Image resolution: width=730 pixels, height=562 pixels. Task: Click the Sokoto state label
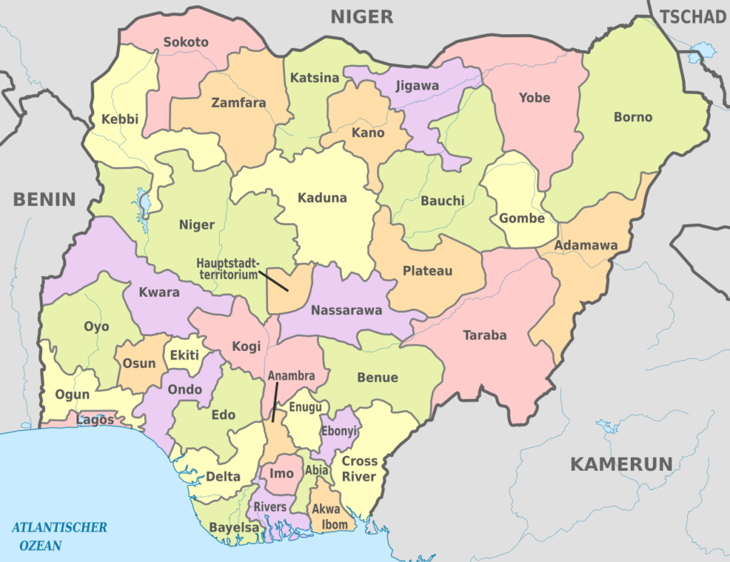(x=186, y=42)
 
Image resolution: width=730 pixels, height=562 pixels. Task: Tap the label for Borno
(x=633, y=117)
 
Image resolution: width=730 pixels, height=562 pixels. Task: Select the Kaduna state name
(x=322, y=198)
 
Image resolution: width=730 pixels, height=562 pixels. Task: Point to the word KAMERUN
(x=621, y=464)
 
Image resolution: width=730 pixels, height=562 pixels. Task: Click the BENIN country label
(x=44, y=199)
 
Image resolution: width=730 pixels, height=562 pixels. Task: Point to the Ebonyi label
(x=339, y=432)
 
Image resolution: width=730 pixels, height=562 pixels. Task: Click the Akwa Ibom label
(x=330, y=518)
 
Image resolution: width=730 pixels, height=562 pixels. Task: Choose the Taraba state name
(x=485, y=334)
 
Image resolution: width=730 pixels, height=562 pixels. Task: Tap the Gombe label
(x=522, y=218)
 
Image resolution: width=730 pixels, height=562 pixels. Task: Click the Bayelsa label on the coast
(x=234, y=528)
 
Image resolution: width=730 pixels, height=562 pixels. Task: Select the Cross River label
(x=359, y=469)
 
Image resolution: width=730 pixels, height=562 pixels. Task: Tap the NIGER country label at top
(x=362, y=16)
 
